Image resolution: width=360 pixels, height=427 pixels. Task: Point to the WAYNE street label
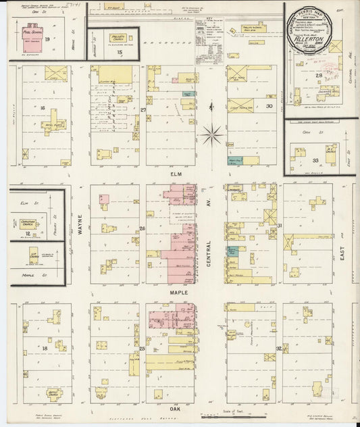tap(79, 225)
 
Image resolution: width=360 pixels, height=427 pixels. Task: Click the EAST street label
tap(344, 255)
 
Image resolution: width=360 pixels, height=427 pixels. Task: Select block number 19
tap(48, 39)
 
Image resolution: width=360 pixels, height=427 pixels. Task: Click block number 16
tap(42, 107)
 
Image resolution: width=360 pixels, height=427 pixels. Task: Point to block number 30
tap(269, 105)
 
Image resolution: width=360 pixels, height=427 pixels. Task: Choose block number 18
tap(44, 348)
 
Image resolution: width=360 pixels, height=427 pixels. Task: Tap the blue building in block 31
tap(233, 251)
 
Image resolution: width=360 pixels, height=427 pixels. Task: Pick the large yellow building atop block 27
tap(112, 74)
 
